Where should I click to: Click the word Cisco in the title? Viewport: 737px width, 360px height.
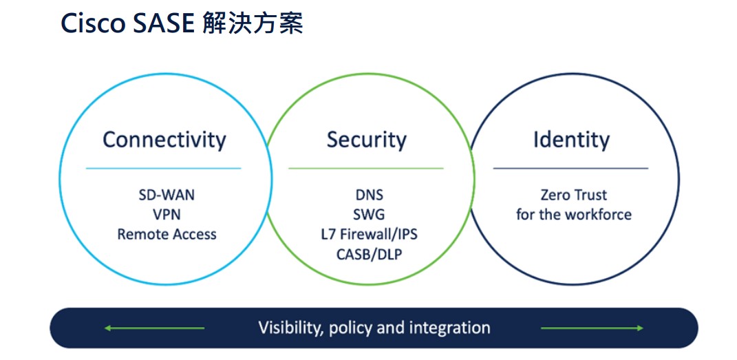pyautogui.click(x=93, y=23)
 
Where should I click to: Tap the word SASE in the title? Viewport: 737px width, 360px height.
pyautogui.click(x=163, y=23)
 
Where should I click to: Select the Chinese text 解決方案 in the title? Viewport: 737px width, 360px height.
pyautogui.click(x=253, y=23)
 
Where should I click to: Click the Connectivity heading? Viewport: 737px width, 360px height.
pyautogui.click(x=164, y=140)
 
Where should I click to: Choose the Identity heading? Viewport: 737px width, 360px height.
pyautogui.click(x=571, y=140)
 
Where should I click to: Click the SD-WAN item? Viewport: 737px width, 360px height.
pyautogui.click(x=167, y=195)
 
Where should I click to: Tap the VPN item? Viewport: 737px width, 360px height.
pyautogui.click(x=167, y=214)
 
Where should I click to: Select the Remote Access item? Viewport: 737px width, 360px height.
pyautogui.click(x=167, y=234)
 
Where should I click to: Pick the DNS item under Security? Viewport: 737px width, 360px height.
pyautogui.click(x=369, y=195)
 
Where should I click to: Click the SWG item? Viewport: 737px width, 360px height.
pyautogui.click(x=369, y=214)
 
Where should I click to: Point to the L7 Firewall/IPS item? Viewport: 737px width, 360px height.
pyautogui.click(x=369, y=234)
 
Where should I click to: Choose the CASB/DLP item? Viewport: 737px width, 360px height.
pyautogui.click(x=369, y=254)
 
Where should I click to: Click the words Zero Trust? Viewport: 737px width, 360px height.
pyautogui.click(x=573, y=195)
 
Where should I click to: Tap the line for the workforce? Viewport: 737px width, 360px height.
pyautogui.click(x=573, y=214)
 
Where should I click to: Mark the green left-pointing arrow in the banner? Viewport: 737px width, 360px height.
pyautogui.click(x=154, y=328)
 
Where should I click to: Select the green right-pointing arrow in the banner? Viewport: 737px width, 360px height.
pyautogui.click(x=592, y=328)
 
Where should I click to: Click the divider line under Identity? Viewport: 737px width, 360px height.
pyautogui.click(x=570, y=168)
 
